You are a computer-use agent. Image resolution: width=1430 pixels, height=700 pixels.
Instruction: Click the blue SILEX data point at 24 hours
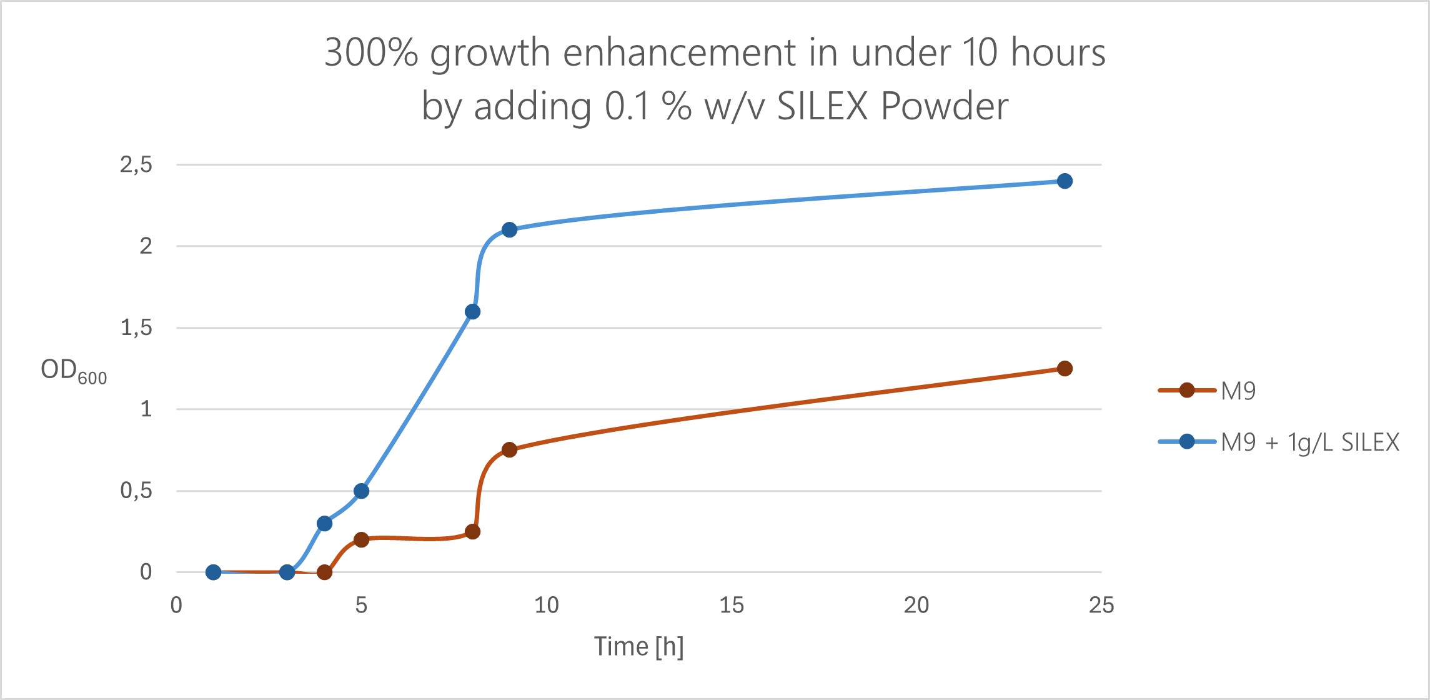point(1065,181)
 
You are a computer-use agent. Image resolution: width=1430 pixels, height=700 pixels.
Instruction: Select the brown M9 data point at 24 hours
point(1065,369)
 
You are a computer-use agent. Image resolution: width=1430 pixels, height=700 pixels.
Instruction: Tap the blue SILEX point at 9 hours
point(509,230)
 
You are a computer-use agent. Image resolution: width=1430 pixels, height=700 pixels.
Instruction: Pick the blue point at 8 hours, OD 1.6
point(473,312)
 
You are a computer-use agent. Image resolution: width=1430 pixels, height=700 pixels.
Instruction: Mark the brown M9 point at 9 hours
point(509,450)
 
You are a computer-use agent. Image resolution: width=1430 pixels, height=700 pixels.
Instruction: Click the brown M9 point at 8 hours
point(473,532)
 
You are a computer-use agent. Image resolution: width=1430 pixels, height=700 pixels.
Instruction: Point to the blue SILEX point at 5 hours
point(361,491)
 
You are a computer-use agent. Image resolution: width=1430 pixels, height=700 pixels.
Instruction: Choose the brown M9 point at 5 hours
point(361,540)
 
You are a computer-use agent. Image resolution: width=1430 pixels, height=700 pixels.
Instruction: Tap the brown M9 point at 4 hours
point(324,572)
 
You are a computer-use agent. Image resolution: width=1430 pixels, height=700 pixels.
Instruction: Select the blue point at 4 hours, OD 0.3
point(324,523)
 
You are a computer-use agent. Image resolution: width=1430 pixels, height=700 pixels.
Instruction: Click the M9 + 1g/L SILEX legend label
point(1309,442)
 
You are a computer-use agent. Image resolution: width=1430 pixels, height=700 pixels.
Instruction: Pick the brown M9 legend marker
point(1187,391)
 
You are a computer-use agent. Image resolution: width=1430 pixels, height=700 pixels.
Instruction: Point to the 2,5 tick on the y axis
point(136,165)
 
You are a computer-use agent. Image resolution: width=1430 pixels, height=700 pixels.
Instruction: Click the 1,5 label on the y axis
point(136,327)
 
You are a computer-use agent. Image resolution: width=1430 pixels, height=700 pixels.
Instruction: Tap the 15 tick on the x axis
point(732,605)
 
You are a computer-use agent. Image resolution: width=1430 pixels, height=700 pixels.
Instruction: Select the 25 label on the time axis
point(1101,605)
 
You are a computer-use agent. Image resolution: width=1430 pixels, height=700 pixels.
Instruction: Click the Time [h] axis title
point(638,646)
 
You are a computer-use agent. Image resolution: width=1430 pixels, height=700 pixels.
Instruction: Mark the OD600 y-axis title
point(74,371)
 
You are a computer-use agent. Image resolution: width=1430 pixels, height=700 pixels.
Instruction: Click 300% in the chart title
point(371,52)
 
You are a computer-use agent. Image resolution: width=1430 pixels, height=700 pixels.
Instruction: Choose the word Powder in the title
point(945,106)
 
